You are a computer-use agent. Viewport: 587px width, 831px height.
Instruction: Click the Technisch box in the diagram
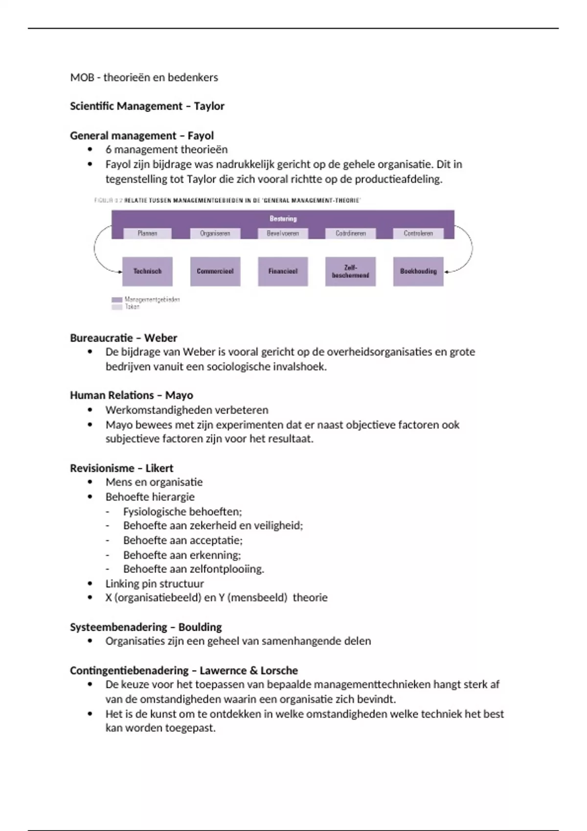[x=147, y=271]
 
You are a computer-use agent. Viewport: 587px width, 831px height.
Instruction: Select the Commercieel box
[x=215, y=271]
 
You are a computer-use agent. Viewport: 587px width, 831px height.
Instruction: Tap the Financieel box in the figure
[x=283, y=271]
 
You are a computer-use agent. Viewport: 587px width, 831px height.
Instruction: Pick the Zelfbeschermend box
[x=350, y=271]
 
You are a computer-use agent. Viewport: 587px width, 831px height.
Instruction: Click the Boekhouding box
[x=418, y=271]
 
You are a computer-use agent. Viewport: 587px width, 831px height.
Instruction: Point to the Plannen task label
[x=147, y=234]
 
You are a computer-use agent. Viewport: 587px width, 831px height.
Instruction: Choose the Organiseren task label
[x=215, y=234]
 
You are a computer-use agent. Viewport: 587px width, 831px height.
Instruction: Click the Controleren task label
[x=418, y=234]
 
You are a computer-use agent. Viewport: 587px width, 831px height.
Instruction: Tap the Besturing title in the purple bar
[x=283, y=219]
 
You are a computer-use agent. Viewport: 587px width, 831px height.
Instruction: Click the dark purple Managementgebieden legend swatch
[x=117, y=300]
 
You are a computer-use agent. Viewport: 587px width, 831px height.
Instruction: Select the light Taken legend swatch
[x=117, y=307]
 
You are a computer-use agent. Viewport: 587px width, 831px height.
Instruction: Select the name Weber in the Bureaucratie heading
[x=160, y=338]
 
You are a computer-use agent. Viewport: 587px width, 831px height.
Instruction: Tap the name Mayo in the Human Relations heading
[x=179, y=395]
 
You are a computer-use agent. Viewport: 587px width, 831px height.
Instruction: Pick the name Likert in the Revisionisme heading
[x=159, y=468]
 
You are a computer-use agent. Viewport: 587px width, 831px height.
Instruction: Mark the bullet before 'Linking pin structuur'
[x=90, y=583]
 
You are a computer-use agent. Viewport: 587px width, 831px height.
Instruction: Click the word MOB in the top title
[x=82, y=77]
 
